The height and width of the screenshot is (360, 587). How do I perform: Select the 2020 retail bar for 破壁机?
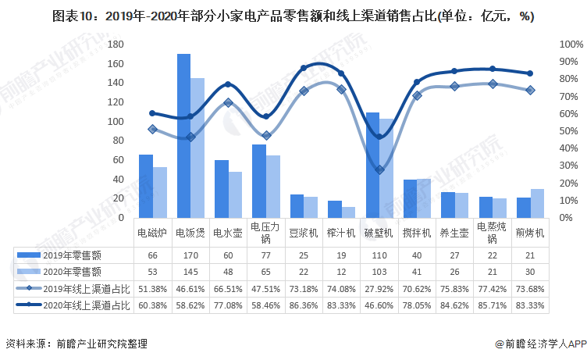[x=386, y=168]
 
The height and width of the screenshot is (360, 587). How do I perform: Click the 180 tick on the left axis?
[x=116, y=44]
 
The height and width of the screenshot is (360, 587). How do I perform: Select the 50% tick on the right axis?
[x=567, y=130]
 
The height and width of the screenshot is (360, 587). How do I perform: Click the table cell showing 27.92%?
[x=379, y=288]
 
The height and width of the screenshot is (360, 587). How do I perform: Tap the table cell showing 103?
[x=379, y=271]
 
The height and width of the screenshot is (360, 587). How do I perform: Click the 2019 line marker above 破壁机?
[x=379, y=169]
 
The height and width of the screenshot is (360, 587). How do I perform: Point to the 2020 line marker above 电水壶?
[x=228, y=84]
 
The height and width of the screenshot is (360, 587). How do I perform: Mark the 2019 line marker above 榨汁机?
[x=341, y=89]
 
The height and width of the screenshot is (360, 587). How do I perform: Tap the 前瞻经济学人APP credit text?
[x=539, y=344]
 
